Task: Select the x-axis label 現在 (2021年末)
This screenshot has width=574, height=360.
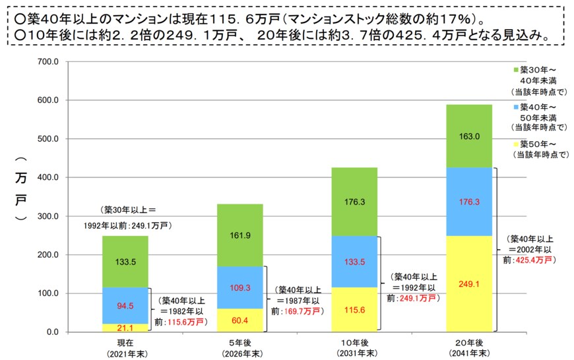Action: click(125, 348)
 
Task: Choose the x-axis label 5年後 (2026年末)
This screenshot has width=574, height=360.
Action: click(239, 348)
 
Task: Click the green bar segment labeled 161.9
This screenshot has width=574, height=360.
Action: click(239, 235)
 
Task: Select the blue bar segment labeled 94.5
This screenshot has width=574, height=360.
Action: click(125, 305)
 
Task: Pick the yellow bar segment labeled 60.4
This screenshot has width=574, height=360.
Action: click(239, 320)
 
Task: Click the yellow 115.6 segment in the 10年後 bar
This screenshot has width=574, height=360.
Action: click(354, 310)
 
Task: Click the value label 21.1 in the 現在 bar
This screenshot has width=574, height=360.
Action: click(125, 328)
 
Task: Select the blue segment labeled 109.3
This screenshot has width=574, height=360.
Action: click(239, 287)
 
